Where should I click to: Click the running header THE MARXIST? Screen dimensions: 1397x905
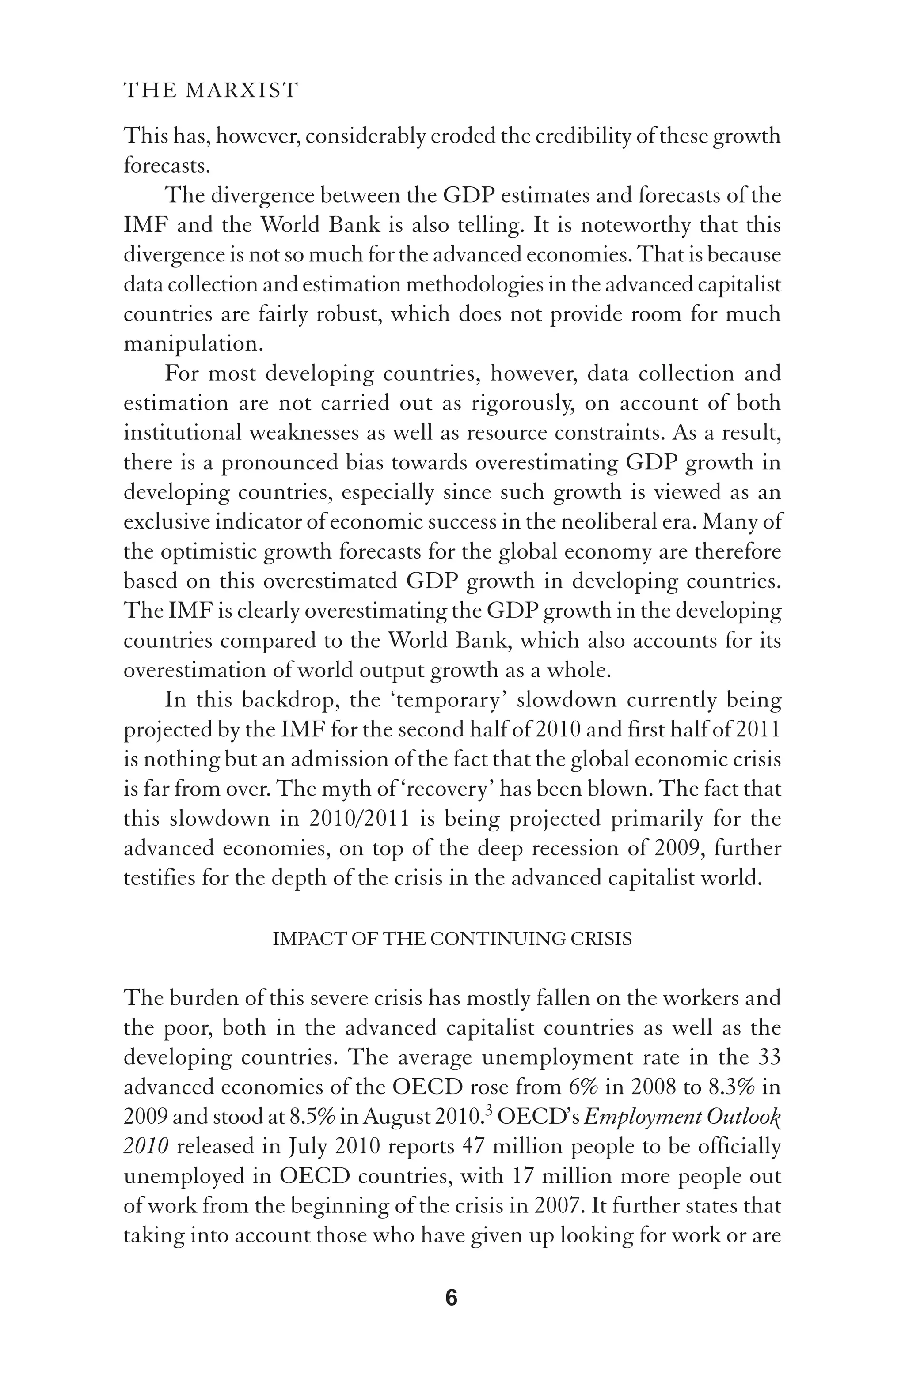point(211,91)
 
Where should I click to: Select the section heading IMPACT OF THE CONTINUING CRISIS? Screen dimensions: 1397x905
point(452,939)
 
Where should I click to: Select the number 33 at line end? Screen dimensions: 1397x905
point(769,1057)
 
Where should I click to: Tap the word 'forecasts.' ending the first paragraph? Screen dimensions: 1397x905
point(167,166)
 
